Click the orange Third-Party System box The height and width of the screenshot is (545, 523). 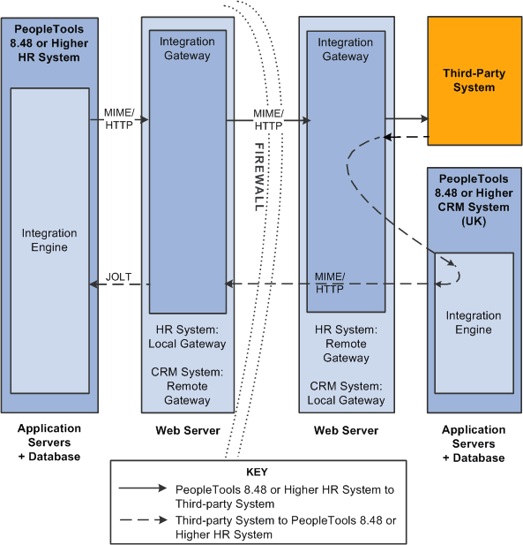[x=474, y=80]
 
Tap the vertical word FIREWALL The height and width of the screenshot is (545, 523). [x=259, y=176]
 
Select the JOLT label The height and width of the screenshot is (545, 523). [x=119, y=276]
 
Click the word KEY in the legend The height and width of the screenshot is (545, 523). [x=257, y=472]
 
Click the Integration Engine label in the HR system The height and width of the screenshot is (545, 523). [x=49, y=240]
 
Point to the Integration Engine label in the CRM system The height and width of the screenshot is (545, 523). [x=473, y=322]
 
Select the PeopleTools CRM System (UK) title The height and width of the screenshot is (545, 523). [x=474, y=201]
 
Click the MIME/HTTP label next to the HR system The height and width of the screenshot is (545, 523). [x=117, y=120]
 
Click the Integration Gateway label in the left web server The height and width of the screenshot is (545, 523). [x=187, y=49]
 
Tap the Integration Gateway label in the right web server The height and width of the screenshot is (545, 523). [x=345, y=49]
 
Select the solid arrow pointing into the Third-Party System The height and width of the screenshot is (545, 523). [x=406, y=118]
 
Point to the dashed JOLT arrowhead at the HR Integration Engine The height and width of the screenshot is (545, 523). [x=94, y=284]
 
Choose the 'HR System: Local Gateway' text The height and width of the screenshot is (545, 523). [x=188, y=337]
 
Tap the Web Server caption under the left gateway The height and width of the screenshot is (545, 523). [x=188, y=430]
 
